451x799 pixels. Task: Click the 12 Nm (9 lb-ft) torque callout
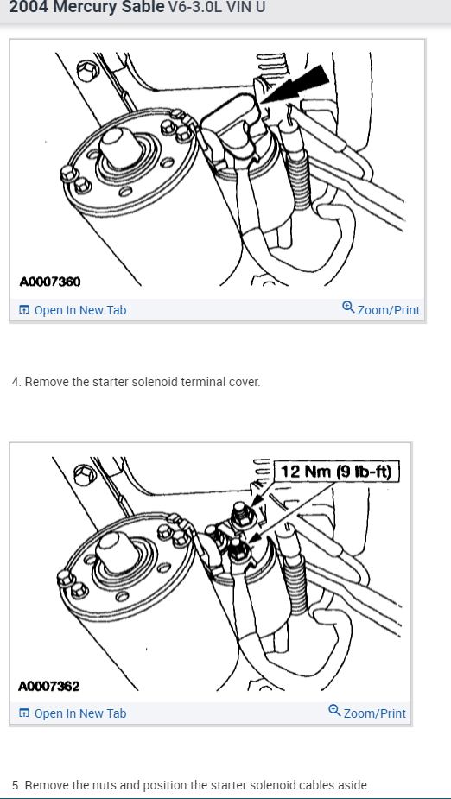337,472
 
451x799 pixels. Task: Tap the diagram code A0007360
50,282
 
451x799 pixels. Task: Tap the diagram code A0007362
49,687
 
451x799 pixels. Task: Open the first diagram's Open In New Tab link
73,310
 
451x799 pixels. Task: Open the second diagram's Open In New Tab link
73,713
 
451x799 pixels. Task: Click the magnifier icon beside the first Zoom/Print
348,308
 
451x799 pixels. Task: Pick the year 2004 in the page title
29,7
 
